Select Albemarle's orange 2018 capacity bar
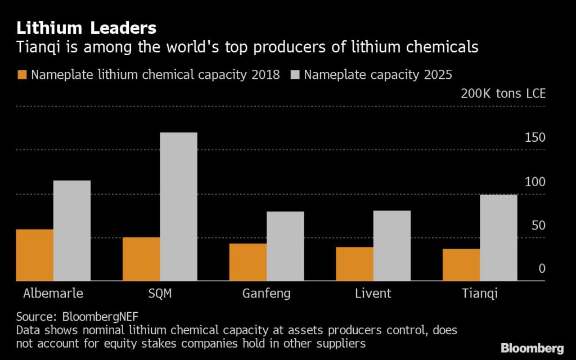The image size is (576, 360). [34, 255]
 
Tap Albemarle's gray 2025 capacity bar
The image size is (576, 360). [72, 231]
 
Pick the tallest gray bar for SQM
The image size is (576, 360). [178, 206]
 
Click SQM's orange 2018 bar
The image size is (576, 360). [141, 259]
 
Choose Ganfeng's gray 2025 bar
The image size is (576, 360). [285, 246]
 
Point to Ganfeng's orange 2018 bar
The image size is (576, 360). [247, 262]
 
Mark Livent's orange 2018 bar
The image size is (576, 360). [354, 264]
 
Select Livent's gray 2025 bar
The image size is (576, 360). [391, 245]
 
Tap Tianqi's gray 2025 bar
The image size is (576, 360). [498, 237]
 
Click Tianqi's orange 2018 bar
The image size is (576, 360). [461, 264]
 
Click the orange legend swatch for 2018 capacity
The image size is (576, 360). [22, 75]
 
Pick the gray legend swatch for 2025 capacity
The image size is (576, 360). [295, 75]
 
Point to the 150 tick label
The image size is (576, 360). [535, 138]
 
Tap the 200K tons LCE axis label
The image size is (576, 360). [503, 93]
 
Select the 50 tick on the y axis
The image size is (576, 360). [538, 226]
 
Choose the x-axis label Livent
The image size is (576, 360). [373, 294]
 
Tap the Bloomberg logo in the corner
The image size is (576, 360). [532, 348]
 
